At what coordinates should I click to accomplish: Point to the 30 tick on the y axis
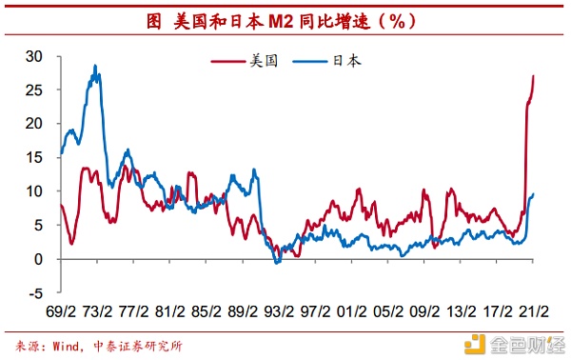pos(35,56)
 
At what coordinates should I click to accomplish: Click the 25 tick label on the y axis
pos(35,90)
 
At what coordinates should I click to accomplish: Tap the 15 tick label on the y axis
pos(35,158)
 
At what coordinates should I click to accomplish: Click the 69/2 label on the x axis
pos(61,310)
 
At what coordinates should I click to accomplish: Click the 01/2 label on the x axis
pos(352,310)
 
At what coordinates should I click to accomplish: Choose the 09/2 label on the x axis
pos(425,310)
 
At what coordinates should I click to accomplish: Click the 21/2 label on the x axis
pos(534,310)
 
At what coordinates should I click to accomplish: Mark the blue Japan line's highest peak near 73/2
pos(95,66)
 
